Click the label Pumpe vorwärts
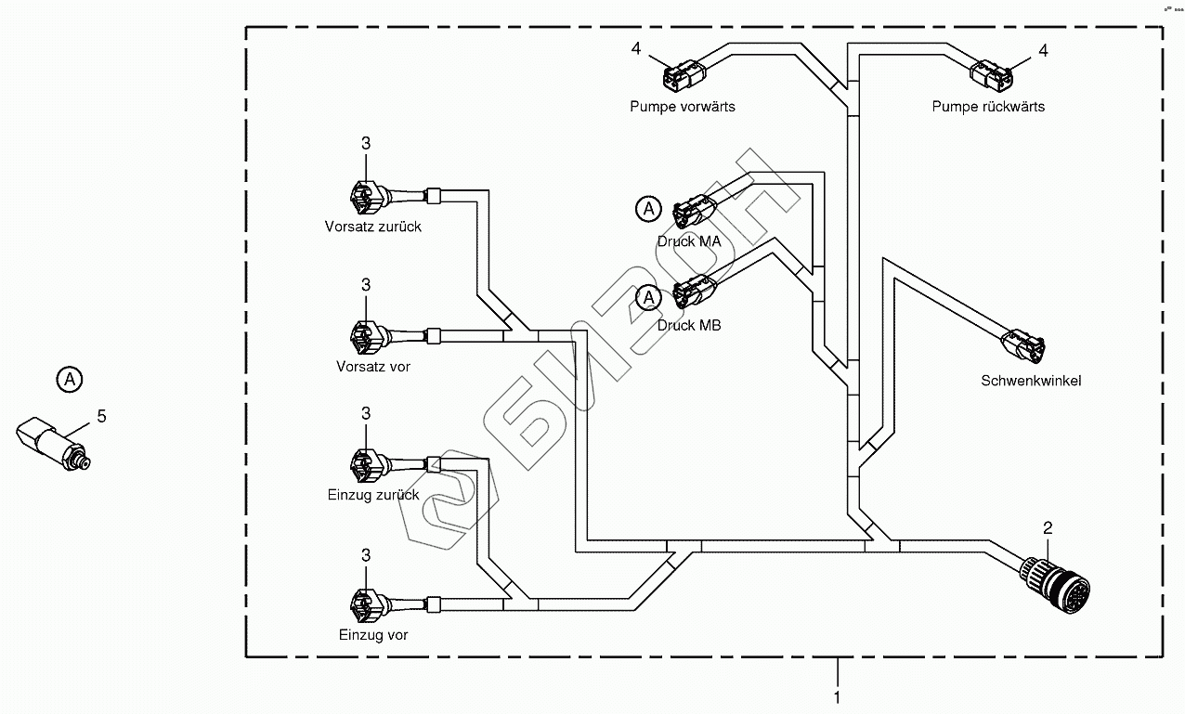pos(682,107)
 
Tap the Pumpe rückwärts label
pos(988,107)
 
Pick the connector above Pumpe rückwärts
pos(985,72)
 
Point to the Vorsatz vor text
pos(372,367)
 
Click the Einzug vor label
pos(373,636)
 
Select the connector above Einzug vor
pos(364,603)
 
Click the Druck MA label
pos(689,241)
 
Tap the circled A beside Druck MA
pos(649,210)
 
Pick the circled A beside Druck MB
pos(649,297)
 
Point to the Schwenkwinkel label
pos(1031,381)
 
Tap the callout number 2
pos(1048,528)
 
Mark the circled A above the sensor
pos(69,379)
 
